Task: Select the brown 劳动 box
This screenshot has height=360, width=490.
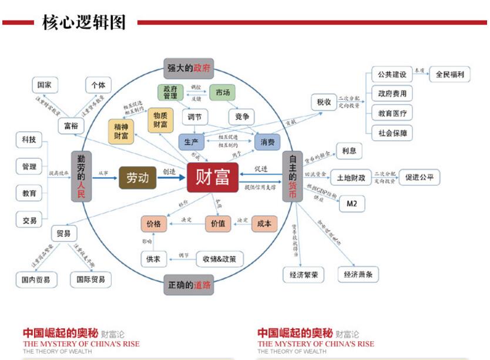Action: (x=137, y=178)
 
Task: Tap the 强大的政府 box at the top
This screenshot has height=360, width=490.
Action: (x=188, y=68)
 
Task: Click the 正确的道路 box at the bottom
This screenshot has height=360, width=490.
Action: (x=188, y=285)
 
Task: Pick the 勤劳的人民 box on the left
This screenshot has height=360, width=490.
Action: (x=82, y=177)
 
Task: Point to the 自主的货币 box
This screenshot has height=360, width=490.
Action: (x=292, y=177)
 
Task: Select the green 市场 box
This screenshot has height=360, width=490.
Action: (x=223, y=93)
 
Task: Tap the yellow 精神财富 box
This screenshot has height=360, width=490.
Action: (x=121, y=130)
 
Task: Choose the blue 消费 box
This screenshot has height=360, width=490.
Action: (x=267, y=142)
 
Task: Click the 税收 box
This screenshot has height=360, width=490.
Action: (x=324, y=102)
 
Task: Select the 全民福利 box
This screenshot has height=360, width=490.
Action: (x=449, y=75)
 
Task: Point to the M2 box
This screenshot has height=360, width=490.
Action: (x=351, y=204)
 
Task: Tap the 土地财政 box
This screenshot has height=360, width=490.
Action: (x=351, y=177)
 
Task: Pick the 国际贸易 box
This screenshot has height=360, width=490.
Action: (x=90, y=280)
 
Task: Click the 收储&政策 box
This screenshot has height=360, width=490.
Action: (x=219, y=258)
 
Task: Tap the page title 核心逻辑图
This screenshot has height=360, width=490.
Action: (x=84, y=22)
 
